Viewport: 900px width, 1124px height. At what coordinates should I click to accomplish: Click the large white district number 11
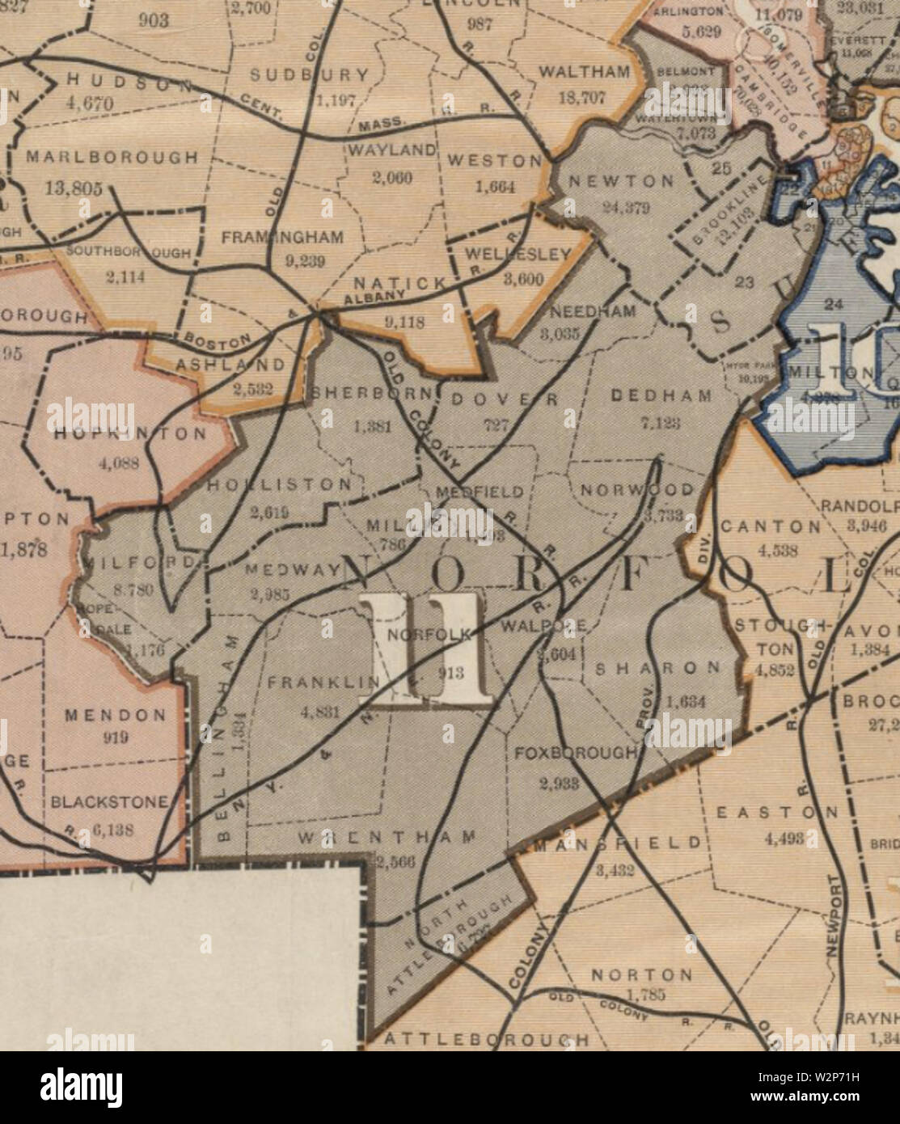coord(425,649)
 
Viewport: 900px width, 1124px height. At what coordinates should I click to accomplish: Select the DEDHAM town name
coord(661,396)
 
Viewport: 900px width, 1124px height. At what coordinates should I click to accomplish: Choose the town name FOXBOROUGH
coord(576,753)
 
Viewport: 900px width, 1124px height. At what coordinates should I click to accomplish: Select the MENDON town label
coord(115,716)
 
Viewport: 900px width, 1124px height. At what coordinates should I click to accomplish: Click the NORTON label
coord(641,974)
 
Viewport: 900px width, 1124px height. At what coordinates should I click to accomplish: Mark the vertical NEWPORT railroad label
coord(836,919)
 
